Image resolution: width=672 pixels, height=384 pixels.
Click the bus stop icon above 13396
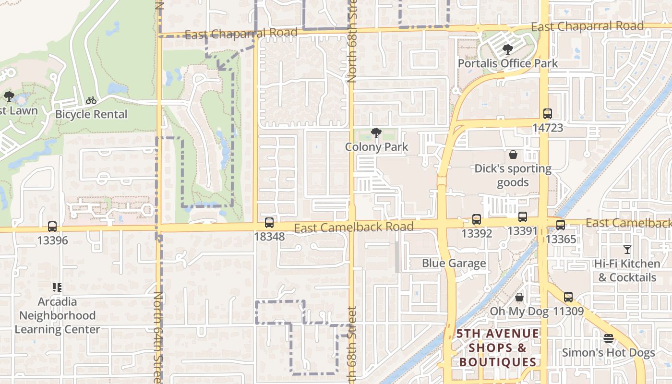coord(52,227)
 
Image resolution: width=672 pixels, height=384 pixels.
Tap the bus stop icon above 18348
coord(269,223)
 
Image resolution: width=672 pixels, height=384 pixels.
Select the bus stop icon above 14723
coord(548,114)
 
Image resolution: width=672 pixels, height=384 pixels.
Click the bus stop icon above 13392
coord(477,219)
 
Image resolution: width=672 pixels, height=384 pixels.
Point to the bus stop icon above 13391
coord(523,217)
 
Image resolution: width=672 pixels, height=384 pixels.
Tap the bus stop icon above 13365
coord(560,225)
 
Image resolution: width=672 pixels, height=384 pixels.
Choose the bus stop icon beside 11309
coord(568,297)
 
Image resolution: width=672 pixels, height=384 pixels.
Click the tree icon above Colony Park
coord(376,133)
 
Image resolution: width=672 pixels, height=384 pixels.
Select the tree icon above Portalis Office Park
coord(507,49)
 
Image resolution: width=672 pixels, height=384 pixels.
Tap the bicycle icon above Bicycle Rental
coord(91,100)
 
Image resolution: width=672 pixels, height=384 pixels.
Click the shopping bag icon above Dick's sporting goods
coord(513,155)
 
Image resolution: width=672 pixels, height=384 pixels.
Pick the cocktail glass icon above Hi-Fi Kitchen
coord(627,250)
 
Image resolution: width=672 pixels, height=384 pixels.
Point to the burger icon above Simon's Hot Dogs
coord(609,339)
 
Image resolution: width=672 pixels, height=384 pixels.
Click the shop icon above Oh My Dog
coord(519,298)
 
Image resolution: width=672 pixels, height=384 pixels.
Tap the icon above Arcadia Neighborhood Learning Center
coord(57,288)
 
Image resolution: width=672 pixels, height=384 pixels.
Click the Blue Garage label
coord(454,263)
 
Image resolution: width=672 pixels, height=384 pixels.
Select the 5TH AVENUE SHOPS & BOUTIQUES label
coord(498,348)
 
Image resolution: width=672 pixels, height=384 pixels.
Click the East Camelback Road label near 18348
coord(353,227)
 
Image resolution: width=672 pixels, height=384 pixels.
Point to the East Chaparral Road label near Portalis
coord(587,26)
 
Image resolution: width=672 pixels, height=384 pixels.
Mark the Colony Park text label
coord(376,147)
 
